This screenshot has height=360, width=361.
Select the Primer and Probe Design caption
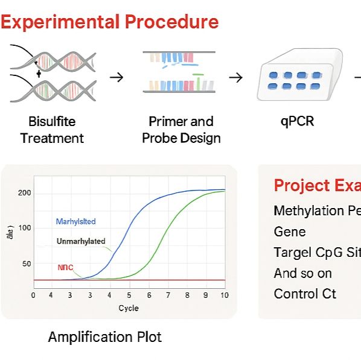tap(181, 130)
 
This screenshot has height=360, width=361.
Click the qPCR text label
tap(297, 121)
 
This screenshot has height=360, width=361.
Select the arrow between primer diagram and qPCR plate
tap(236, 77)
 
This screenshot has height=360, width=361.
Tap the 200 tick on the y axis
tap(24, 193)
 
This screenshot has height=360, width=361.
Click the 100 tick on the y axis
tap(24, 228)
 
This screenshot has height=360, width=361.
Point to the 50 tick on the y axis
tap(26, 264)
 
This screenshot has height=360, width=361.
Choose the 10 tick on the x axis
tap(225, 295)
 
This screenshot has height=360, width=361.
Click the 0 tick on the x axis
tap(33, 295)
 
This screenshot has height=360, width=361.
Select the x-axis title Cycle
tap(128, 308)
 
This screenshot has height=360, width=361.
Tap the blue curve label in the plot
tap(75, 221)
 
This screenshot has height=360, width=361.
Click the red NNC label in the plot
tap(65, 267)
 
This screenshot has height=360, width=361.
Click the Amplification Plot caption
tap(105, 336)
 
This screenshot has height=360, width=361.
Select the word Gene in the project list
tap(290, 232)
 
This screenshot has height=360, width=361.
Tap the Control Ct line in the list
tap(305, 294)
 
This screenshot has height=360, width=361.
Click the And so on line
tap(302, 273)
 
